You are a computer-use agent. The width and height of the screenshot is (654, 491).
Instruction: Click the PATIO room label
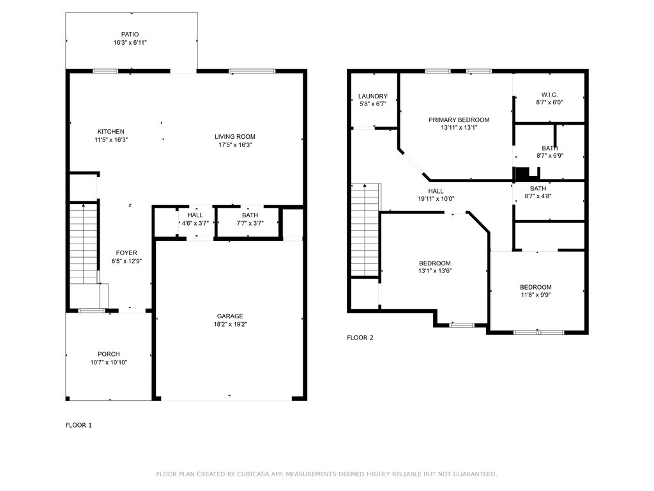(130, 35)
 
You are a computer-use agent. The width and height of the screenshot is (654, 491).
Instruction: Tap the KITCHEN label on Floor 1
(111, 132)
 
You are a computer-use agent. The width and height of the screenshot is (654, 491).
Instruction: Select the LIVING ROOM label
(235, 137)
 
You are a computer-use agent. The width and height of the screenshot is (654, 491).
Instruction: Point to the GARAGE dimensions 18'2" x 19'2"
(230, 324)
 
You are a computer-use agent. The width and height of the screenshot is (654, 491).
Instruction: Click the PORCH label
(109, 354)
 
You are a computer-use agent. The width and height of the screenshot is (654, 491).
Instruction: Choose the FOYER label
(126, 253)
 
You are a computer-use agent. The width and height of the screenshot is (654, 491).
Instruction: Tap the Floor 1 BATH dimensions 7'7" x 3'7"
(250, 223)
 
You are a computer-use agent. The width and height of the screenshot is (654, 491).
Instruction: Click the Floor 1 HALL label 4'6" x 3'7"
(195, 219)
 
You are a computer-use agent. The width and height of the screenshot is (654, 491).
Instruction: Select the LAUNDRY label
(373, 96)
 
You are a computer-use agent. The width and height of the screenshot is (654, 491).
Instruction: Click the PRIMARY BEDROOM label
(459, 120)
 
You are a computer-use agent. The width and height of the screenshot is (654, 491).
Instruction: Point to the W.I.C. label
(549, 95)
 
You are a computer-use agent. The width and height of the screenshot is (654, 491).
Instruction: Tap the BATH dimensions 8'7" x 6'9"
(550, 156)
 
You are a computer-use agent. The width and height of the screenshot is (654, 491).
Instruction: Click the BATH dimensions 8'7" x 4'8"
(538, 196)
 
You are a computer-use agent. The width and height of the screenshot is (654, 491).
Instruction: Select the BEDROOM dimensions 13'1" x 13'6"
(434, 271)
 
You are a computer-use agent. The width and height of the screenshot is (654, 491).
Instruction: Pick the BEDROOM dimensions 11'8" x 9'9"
(536, 295)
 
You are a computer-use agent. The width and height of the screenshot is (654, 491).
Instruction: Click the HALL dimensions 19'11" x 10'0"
(436, 199)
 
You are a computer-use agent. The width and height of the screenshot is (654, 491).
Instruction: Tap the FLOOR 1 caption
(79, 425)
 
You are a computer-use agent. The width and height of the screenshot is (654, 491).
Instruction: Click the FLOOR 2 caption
(360, 338)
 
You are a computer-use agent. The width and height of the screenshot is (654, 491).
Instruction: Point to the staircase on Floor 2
(365, 230)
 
